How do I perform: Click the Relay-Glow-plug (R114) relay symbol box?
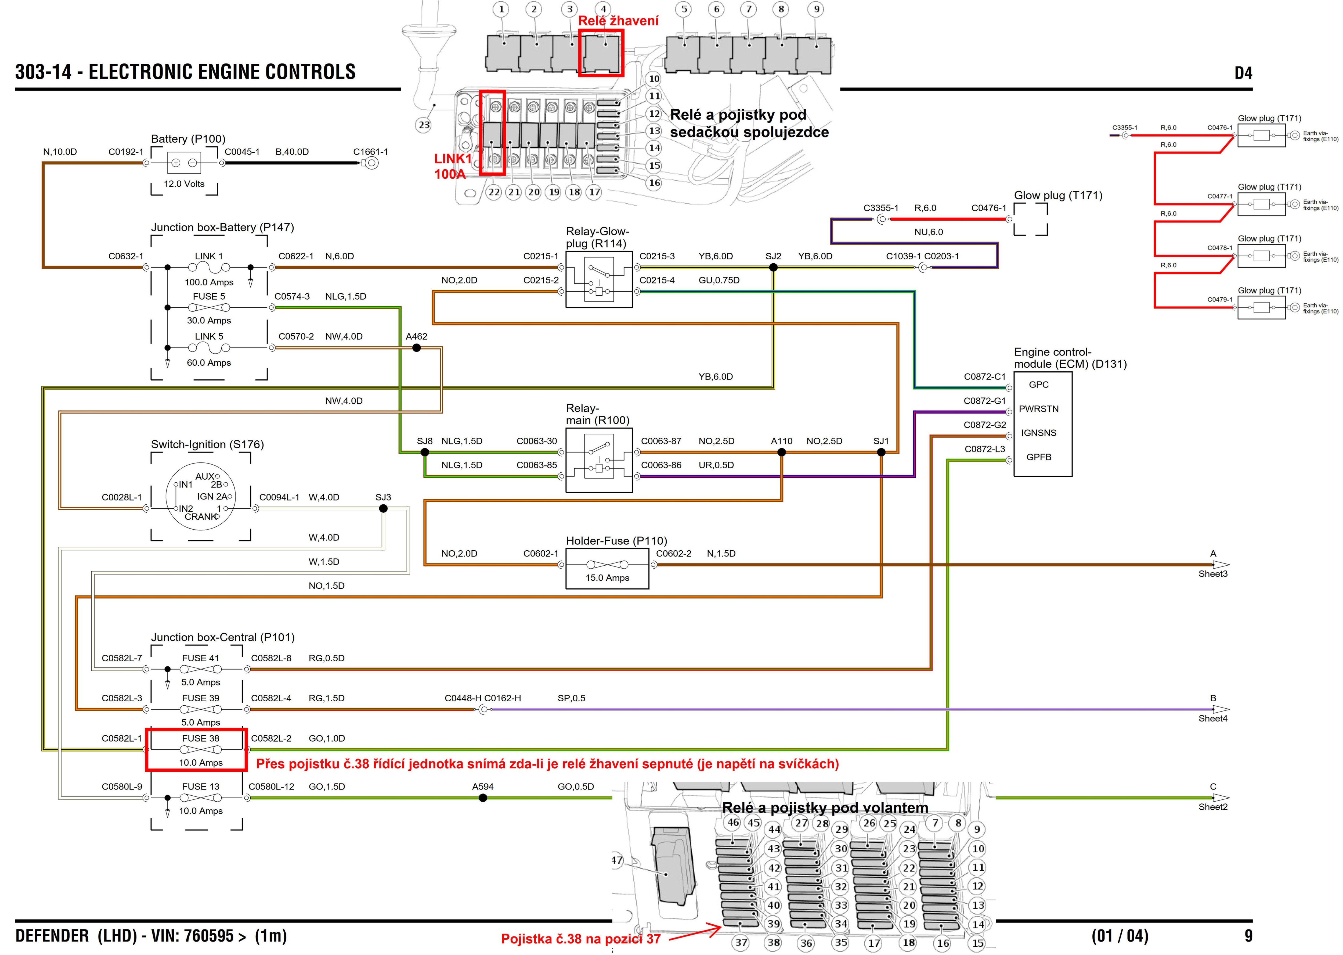pos(599,279)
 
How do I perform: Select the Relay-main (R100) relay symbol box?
pos(599,460)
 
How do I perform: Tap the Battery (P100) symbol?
pos(184,163)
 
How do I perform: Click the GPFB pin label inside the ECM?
pos(1039,457)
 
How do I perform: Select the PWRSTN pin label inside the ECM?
pos(1039,409)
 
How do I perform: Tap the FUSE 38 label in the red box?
pos(200,738)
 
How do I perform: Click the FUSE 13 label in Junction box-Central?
pos(200,786)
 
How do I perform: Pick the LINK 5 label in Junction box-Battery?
pos(209,336)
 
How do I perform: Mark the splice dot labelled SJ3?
pos(383,508)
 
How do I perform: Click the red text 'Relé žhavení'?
pos(618,21)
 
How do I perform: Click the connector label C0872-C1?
pos(984,376)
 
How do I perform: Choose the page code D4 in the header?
pos(1243,73)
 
